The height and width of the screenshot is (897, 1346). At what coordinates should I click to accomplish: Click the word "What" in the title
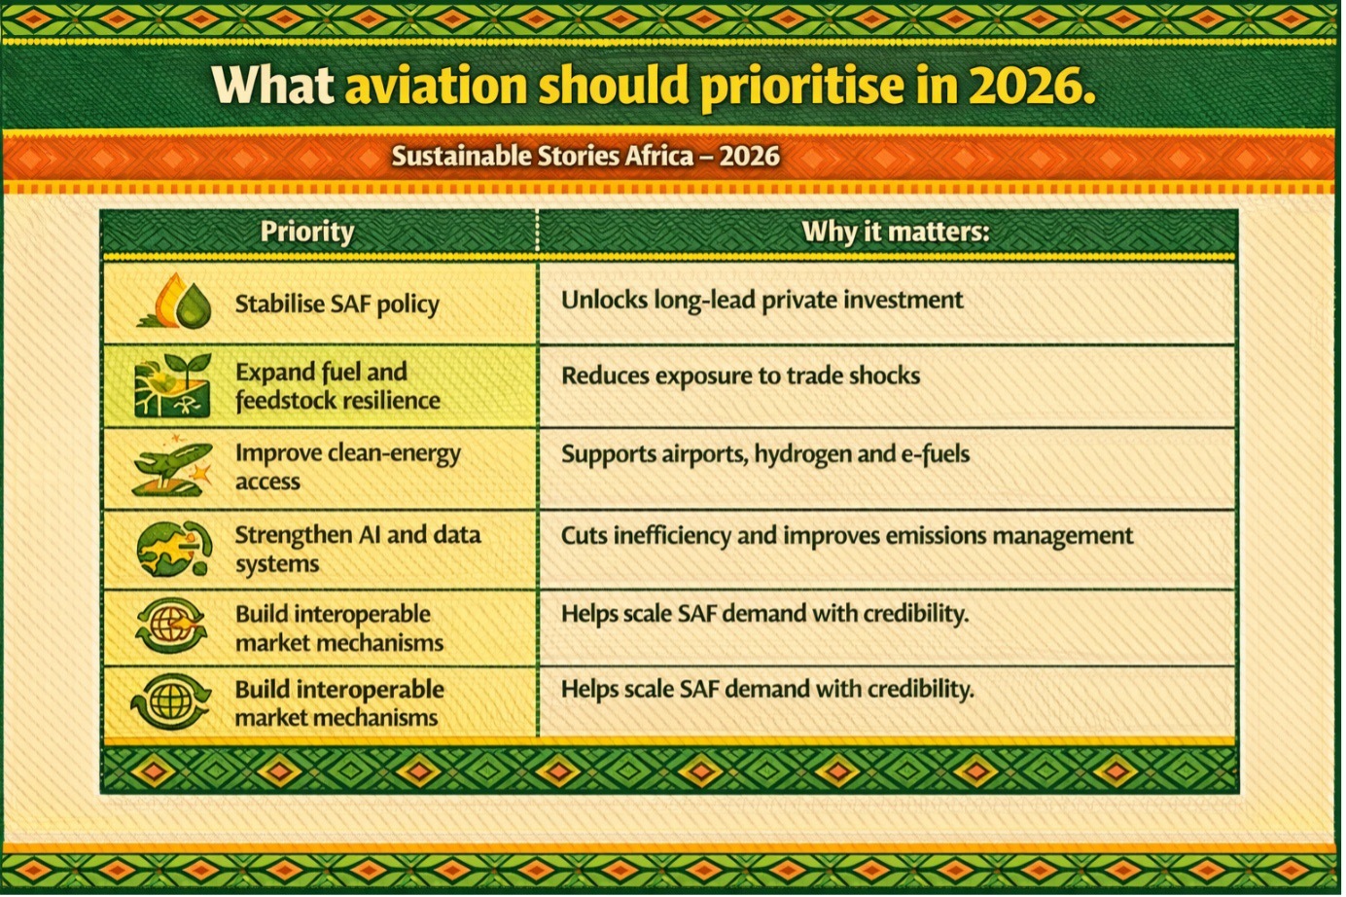coord(273,85)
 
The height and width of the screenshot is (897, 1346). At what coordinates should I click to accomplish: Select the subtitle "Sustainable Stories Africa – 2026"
coord(585,157)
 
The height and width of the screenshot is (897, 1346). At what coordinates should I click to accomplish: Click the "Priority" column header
coord(307,233)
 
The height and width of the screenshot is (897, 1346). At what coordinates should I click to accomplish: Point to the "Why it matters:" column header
coord(896,232)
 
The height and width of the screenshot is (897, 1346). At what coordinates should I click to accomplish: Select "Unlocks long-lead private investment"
coord(762,300)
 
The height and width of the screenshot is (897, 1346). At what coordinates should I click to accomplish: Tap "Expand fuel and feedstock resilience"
coord(337,386)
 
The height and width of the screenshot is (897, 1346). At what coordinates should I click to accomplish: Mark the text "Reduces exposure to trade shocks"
coord(740,376)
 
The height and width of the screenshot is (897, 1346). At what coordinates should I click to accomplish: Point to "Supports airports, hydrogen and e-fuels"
coord(765,454)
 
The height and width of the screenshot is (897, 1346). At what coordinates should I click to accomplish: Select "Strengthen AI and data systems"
coord(358,549)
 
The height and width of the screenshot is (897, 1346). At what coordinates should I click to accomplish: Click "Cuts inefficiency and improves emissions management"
coord(847,536)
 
